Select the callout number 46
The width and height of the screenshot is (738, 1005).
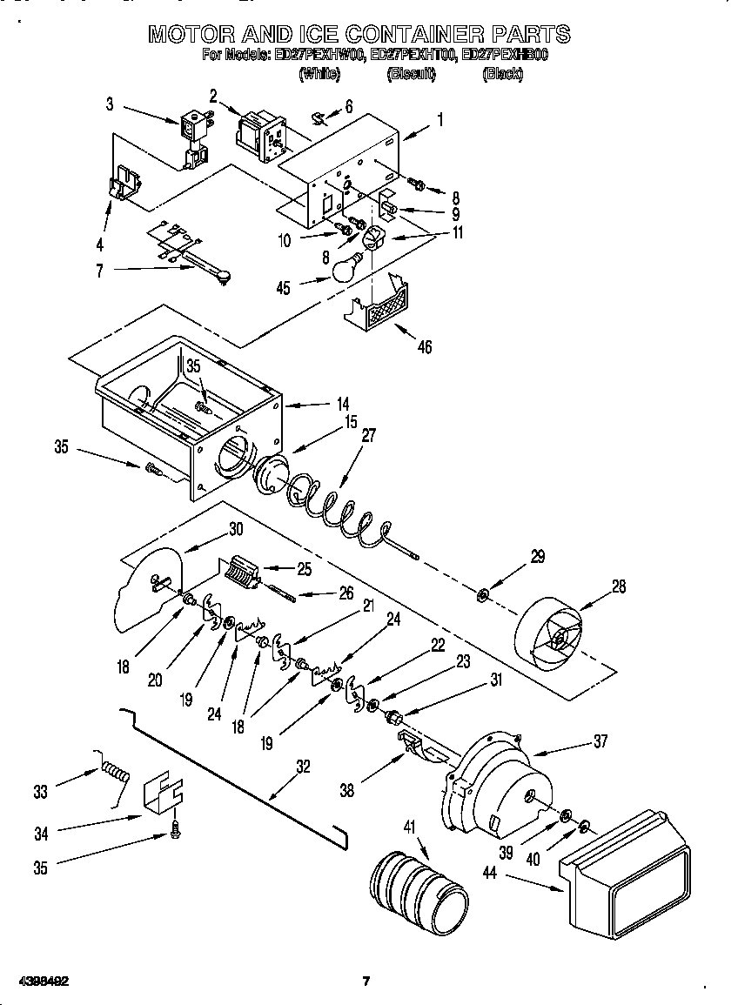[x=424, y=347]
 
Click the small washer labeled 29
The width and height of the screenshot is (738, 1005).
[x=482, y=595]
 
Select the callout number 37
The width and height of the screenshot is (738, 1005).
[x=600, y=741]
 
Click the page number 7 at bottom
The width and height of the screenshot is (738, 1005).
[x=366, y=981]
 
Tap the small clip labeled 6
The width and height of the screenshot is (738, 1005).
[x=318, y=116]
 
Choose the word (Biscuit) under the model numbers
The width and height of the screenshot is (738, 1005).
[x=411, y=75]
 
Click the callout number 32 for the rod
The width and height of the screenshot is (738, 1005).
[x=303, y=767]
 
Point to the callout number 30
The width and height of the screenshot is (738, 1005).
[x=236, y=528]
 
